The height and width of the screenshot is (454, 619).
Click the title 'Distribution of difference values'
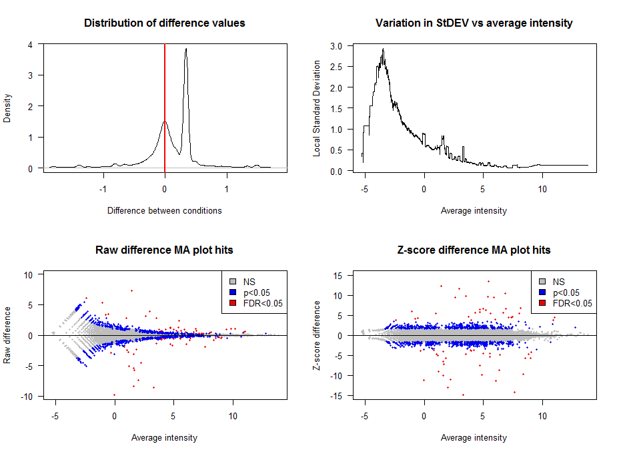165,23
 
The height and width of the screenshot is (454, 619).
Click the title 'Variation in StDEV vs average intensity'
474,23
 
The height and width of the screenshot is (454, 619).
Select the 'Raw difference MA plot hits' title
165,250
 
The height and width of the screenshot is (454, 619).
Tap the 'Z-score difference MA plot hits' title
474,250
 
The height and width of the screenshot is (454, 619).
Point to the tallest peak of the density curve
186,49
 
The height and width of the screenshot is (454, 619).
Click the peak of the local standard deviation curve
383,49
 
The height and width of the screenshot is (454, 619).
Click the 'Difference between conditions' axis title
165,210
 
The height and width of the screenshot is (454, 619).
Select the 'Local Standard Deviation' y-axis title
318,108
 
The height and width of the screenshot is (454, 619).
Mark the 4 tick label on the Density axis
31,45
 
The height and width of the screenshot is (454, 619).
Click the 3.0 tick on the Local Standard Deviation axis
336,46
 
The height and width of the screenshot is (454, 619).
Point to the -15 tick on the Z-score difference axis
338,397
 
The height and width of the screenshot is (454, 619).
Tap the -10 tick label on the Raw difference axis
29,397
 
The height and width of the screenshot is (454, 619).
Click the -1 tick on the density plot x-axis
102,188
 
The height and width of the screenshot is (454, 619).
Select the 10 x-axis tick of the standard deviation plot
542,188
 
